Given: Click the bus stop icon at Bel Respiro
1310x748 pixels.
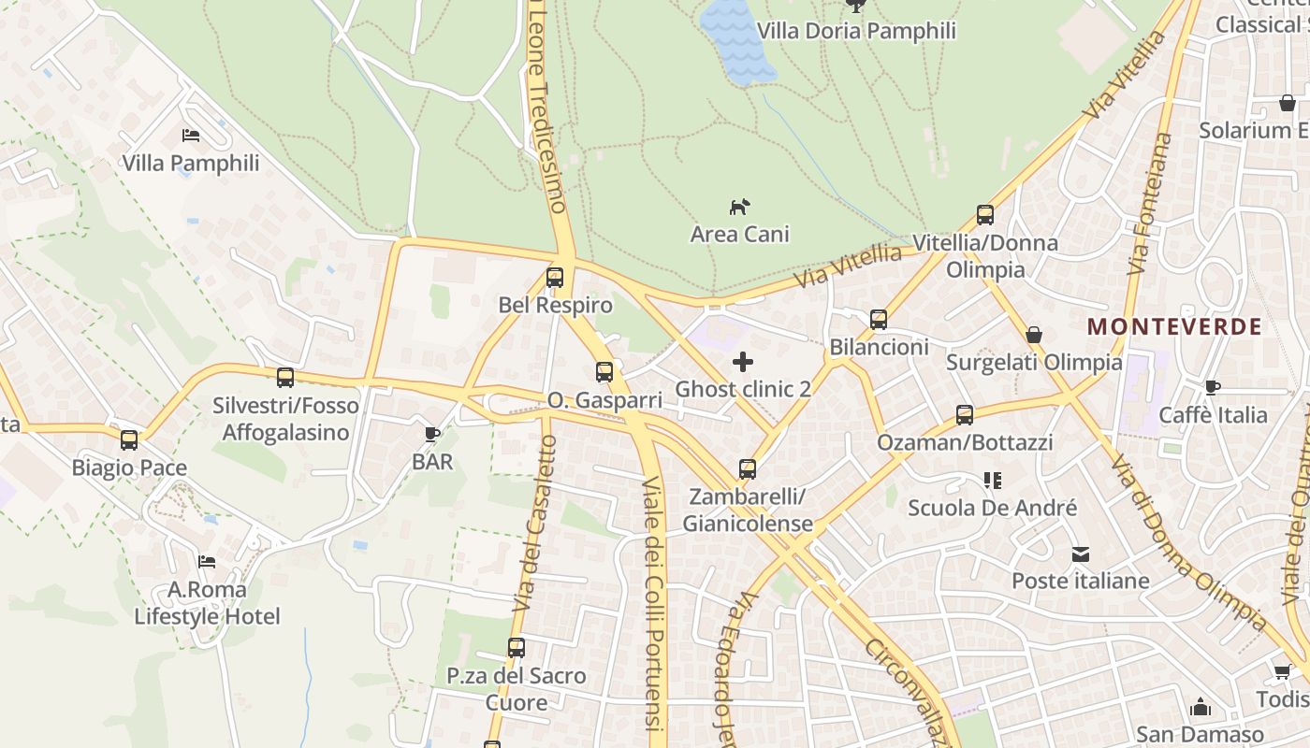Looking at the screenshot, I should (x=555, y=278).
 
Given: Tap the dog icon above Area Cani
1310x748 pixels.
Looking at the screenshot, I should (x=740, y=207).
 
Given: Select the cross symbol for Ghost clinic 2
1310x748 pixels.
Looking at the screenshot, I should (x=743, y=362).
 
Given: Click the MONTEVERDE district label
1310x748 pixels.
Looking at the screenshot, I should (x=1174, y=327).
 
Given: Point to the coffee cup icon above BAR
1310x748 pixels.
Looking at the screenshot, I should (x=431, y=434).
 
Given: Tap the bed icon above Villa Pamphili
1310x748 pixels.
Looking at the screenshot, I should (x=191, y=136).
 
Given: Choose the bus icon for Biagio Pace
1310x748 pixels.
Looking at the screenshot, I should (x=129, y=439).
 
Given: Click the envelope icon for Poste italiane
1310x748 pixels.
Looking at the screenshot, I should (x=1081, y=554).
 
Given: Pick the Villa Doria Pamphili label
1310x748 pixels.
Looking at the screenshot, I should (x=856, y=31).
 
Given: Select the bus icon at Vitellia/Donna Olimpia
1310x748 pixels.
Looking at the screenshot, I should (x=985, y=215).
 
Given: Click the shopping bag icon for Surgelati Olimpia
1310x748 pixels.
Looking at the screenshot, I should (x=1034, y=335).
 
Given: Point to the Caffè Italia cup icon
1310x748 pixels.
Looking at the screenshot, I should (x=1213, y=387).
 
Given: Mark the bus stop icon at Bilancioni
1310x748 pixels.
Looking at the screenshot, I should (x=879, y=320).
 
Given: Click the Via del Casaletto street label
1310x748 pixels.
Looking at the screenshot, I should (x=534, y=524).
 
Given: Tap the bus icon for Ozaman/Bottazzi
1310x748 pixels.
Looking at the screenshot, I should (x=965, y=415).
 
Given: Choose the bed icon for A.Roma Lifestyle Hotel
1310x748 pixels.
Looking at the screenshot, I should (x=207, y=562).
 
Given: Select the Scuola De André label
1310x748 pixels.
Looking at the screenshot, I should (x=993, y=508).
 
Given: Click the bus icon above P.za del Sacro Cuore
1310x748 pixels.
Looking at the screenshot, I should (x=517, y=647).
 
